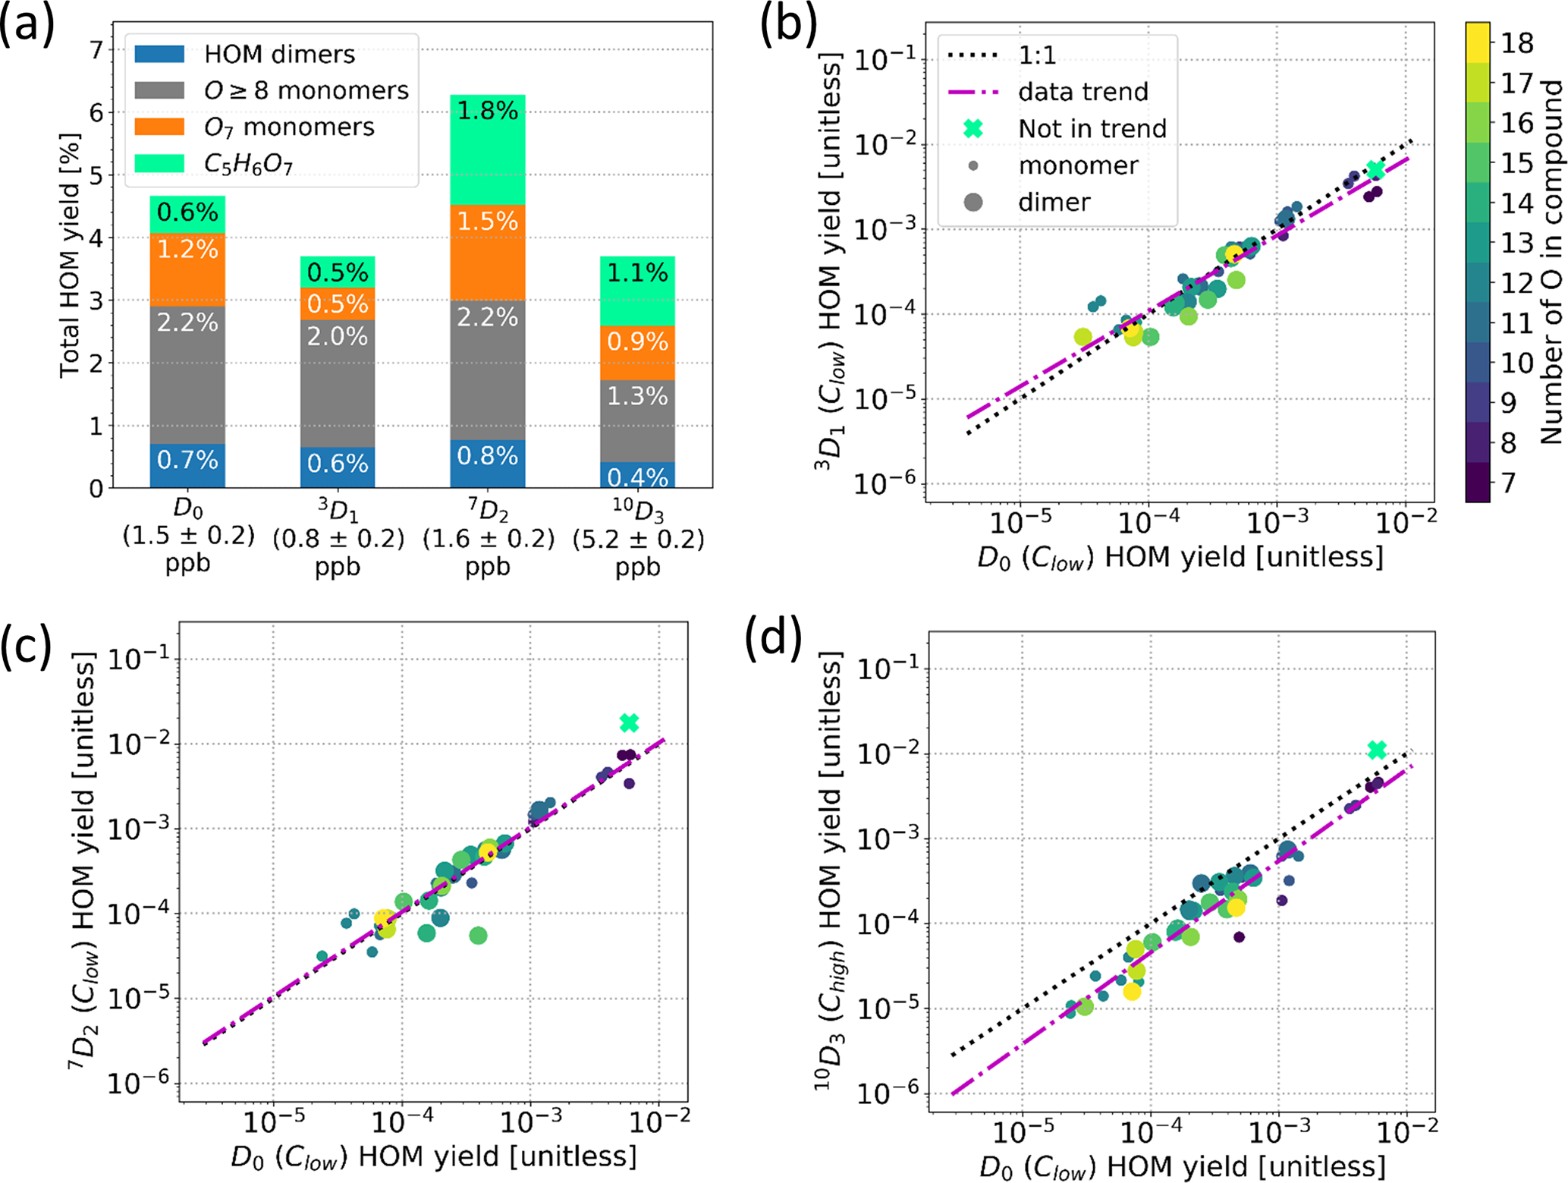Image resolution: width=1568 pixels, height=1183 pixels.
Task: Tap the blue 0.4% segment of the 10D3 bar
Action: (x=637, y=475)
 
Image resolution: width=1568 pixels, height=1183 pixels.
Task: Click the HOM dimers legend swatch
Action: (x=159, y=54)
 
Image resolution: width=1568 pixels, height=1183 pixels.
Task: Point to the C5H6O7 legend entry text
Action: (x=248, y=164)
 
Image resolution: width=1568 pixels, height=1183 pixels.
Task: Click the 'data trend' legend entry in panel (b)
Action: (x=1083, y=92)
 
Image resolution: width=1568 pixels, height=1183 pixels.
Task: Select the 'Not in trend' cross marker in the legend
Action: (x=973, y=128)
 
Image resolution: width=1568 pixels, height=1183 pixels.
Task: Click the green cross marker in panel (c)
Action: (x=629, y=723)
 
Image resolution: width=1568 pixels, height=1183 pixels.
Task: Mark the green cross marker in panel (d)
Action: (x=1377, y=750)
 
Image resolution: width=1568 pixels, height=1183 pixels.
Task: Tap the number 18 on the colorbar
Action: (x=1517, y=43)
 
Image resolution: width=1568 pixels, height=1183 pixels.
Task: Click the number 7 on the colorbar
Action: (x=1508, y=483)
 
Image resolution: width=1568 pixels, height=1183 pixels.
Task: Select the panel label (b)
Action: (x=789, y=27)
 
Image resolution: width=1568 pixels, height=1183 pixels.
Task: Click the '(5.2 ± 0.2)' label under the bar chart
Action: (x=638, y=539)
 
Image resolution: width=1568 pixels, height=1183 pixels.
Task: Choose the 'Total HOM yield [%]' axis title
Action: (x=70, y=255)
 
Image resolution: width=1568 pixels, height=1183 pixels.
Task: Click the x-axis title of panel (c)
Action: (x=433, y=1156)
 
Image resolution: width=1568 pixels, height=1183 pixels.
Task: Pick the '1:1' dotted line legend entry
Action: (x=1037, y=55)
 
